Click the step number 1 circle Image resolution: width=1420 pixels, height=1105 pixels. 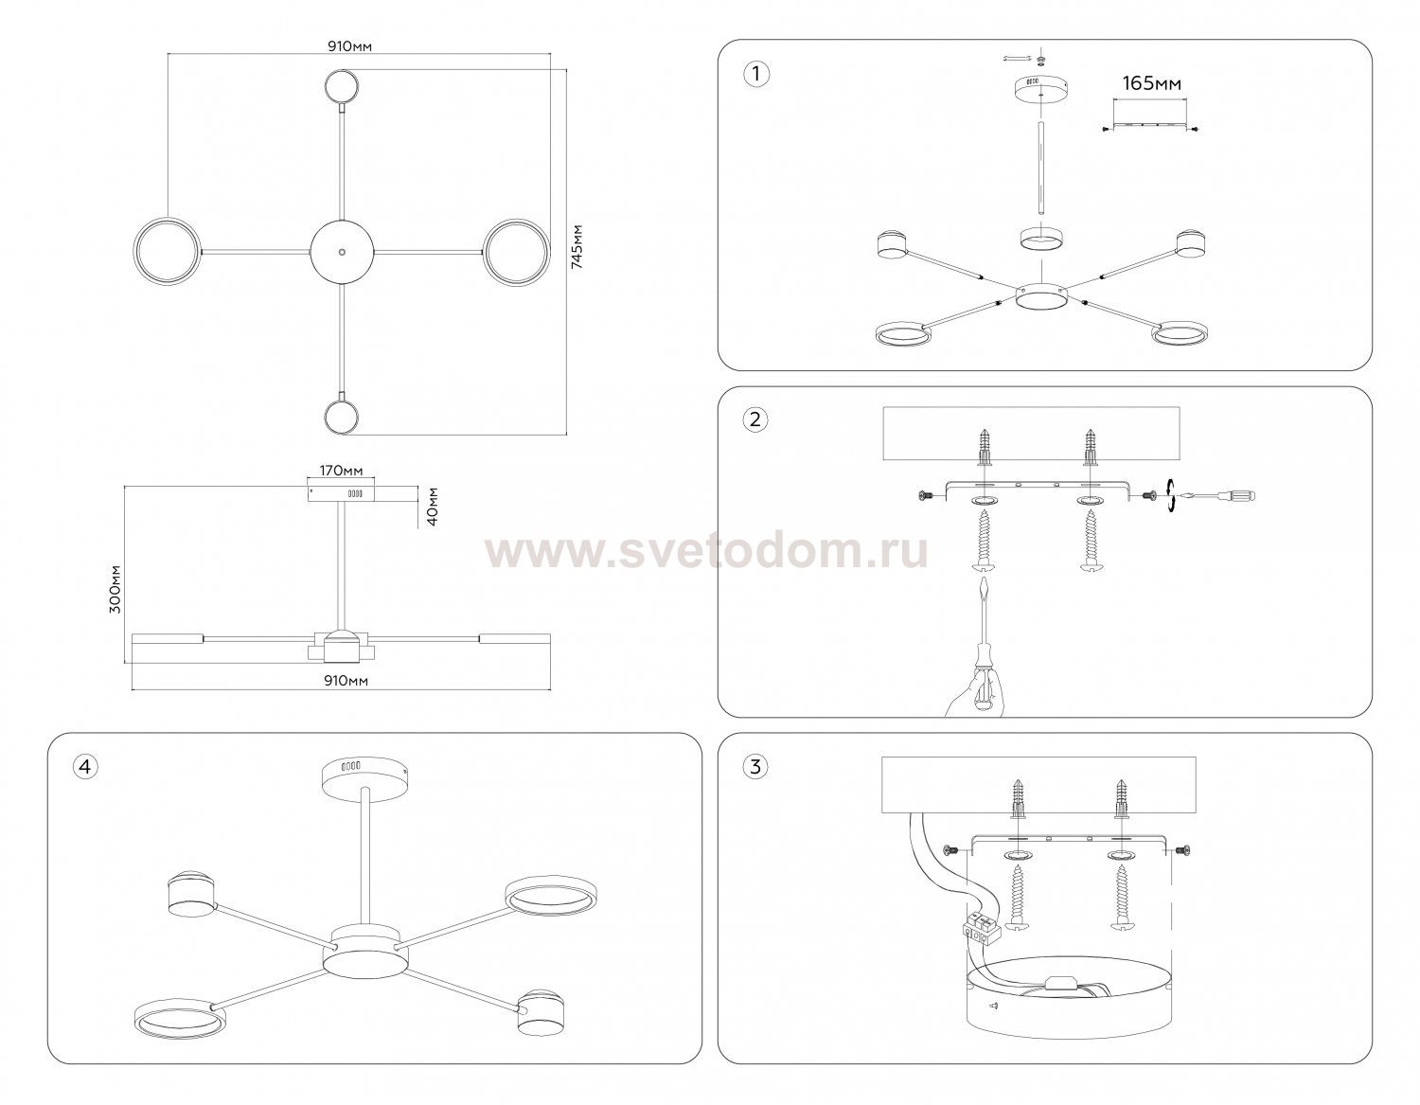coord(756,74)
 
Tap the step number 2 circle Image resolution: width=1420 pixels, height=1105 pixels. coord(755,419)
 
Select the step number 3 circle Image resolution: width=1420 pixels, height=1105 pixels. coord(755,767)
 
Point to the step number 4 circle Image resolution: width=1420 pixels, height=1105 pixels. coord(85,766)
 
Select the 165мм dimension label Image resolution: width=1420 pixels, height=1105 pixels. coord(1151,83)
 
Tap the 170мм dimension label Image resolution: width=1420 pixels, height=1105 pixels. coord(341,471)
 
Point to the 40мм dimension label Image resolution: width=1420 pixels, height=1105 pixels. coord(432,507)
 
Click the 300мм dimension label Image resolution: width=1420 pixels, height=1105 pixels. coord(115,589)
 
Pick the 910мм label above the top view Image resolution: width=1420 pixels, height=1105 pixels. coord(349,46)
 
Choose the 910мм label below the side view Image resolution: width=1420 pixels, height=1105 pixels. coord(346,681)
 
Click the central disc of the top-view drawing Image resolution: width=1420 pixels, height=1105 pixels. coord(342,252)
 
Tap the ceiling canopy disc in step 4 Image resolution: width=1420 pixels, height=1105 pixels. coord(364,777)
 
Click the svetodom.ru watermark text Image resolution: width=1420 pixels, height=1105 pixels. coord(706,553)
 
